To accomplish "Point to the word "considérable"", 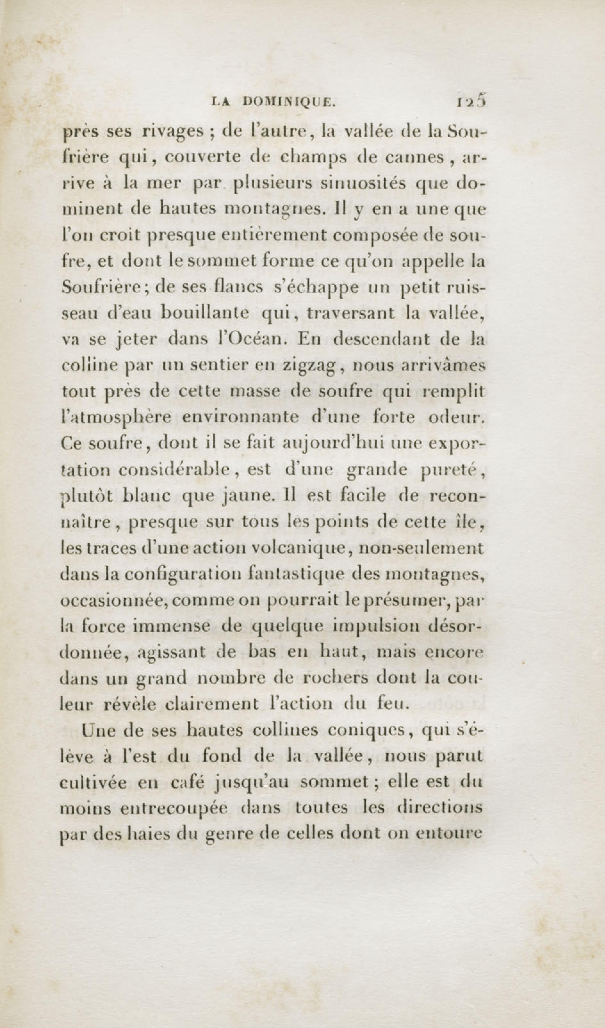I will coord(175,470).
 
